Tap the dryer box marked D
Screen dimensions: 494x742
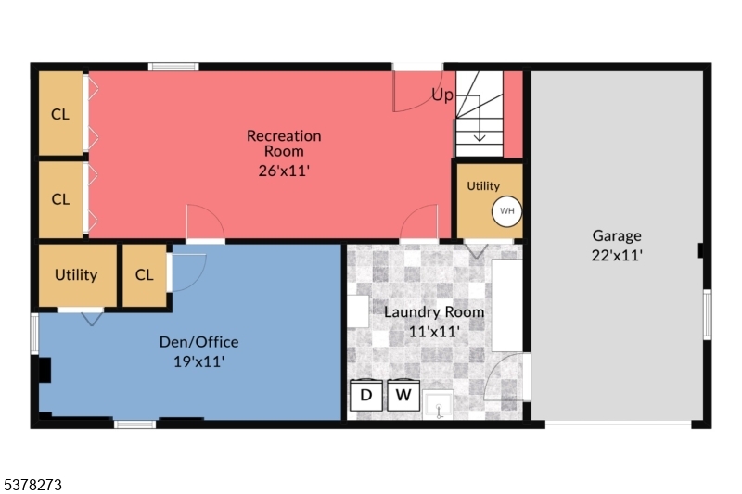point(365,396)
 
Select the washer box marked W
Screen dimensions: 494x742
point(403,396)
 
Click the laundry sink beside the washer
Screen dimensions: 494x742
point(438,405)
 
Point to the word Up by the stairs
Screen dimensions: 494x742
point(442,95)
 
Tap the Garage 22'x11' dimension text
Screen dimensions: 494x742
point(617,254)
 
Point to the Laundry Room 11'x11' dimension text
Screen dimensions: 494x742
point(434,331)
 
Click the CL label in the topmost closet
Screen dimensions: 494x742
point(60,115)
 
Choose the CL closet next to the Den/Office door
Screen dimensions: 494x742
point(144,274)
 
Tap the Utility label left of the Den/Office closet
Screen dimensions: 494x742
point(76,274)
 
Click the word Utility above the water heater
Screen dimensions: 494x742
point(483,186)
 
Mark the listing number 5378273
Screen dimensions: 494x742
point(34,484)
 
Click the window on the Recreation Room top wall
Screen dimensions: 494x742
point(173,67)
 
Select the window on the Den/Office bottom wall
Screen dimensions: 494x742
point(134,424)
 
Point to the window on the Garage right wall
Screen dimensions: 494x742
point(707,313)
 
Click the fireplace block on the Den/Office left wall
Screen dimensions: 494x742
point(43,370)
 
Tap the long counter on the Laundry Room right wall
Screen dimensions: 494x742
point(506,305)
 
